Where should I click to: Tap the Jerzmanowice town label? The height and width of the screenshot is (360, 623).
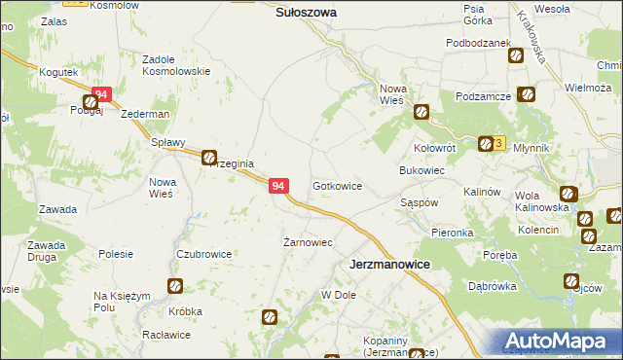390,264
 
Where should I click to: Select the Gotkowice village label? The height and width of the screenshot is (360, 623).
337,185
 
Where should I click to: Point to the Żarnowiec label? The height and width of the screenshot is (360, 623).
308,242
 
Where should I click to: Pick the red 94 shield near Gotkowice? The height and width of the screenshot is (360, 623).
278,185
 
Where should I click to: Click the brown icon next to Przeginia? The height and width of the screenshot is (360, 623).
209,156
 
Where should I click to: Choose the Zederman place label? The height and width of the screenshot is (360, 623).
145,114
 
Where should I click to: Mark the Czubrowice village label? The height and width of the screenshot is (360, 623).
203,254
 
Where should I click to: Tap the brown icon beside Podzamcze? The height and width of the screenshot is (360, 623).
527,94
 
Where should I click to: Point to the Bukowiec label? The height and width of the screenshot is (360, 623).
422,169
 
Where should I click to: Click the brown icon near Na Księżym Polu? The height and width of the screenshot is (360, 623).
174,285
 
